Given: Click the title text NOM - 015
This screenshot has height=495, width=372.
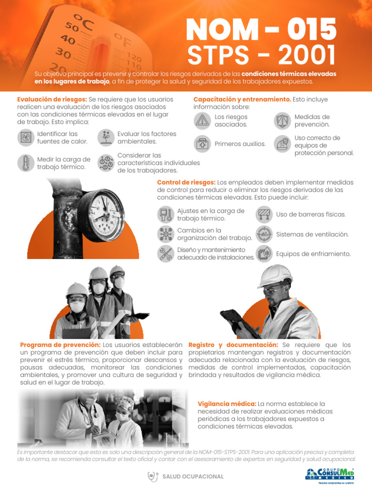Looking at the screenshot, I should pos(261,29).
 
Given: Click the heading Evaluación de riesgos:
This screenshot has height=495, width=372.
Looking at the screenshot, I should pos(52,99).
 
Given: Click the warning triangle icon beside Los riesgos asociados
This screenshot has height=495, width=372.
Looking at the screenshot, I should pos(202,121).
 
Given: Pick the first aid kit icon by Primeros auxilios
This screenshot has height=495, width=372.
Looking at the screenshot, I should pos(202,144).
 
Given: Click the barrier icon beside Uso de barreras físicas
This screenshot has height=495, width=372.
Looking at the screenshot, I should pos(263,214).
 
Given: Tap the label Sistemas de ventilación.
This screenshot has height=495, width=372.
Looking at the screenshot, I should pos(312,234).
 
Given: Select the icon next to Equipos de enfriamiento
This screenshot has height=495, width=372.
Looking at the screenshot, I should pos(263,254).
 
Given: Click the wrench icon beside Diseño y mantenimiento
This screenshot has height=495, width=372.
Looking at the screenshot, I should pos(166,254).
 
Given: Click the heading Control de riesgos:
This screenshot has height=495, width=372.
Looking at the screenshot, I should pos(186,182).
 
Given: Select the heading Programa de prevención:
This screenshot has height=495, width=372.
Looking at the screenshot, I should pos(60,345).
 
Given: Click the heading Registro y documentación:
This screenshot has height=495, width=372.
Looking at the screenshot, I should pos(233,345).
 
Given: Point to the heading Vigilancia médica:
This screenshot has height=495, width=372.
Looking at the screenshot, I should pos(227,404).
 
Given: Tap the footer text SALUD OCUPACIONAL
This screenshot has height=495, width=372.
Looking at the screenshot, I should pos(193,477).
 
